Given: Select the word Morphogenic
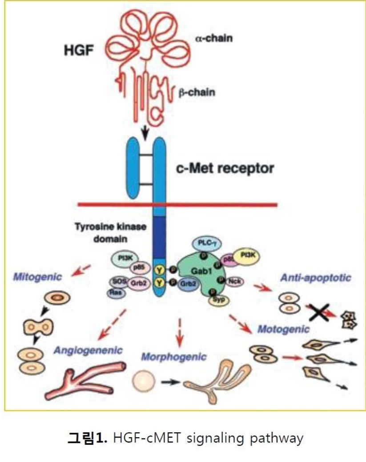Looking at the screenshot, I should (174, 356).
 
